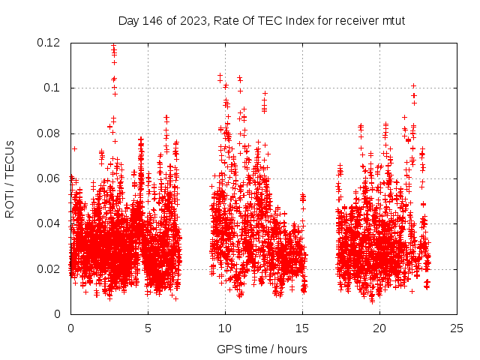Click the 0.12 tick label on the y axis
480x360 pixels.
click(x=50, y=43)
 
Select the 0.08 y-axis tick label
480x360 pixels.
click(x=50, y=133)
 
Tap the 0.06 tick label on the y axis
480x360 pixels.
click(x=50, y=178)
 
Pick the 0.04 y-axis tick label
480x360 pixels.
click(x=50, y=223)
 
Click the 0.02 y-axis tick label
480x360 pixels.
click(x=50, y=269)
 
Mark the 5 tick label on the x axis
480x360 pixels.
click(x=148, y=328)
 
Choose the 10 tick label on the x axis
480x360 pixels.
click(x=225, y=328)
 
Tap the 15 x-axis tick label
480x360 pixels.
click(x=302, y=328)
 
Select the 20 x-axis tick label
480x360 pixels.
click(x=379, y=328)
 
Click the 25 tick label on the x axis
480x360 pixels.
click(x=457, y=328)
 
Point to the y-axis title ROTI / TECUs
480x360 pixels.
click(x=10, y=178)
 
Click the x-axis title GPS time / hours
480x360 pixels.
click(x=262, y=349)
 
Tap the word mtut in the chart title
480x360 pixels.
click(x=392, y=21)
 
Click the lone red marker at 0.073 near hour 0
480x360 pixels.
click(x=74, y=148)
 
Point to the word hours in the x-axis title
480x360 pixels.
click(x=290, y=349)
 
